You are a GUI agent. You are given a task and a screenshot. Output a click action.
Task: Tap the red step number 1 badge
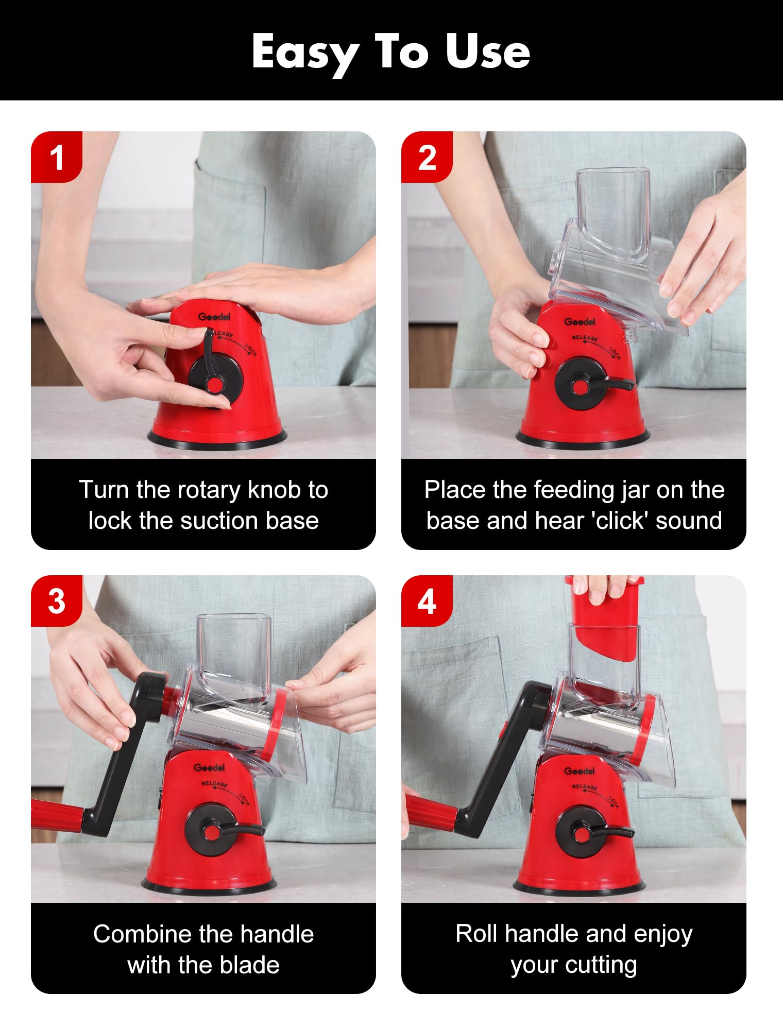coord(57,157)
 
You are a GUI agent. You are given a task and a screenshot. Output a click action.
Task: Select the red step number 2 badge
coord(427,157)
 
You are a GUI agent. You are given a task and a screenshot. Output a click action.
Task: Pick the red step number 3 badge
coord(57,600)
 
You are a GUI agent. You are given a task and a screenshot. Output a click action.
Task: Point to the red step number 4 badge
coord(427,600)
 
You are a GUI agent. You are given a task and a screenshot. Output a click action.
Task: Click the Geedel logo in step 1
coord(214,316)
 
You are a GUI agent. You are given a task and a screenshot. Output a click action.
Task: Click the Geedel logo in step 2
coord(580,321)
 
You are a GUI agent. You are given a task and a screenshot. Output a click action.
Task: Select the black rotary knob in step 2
coord(587,384)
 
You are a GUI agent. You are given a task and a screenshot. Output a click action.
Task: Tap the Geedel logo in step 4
coord(580,771)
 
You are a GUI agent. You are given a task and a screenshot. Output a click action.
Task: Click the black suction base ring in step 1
coord(217,439)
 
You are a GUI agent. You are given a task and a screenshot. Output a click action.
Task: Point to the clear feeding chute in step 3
coord(234,654)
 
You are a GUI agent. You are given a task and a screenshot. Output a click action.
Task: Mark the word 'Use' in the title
coord(488,52)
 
